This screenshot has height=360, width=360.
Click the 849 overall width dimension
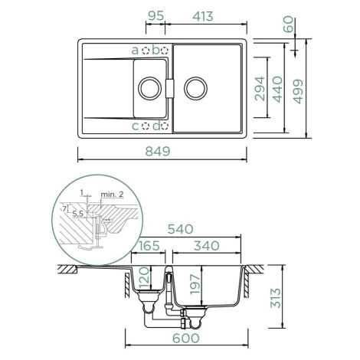157,151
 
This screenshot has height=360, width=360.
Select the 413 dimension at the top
203,16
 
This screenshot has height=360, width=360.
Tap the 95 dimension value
155,16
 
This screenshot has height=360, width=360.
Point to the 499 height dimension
298,92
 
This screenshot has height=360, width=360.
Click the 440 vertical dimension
277,90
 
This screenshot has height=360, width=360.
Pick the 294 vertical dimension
260,89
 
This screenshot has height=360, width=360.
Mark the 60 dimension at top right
288,24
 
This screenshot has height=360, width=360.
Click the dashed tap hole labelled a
146,51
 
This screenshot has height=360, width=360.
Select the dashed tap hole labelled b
164,51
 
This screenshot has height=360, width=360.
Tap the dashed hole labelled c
146,126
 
